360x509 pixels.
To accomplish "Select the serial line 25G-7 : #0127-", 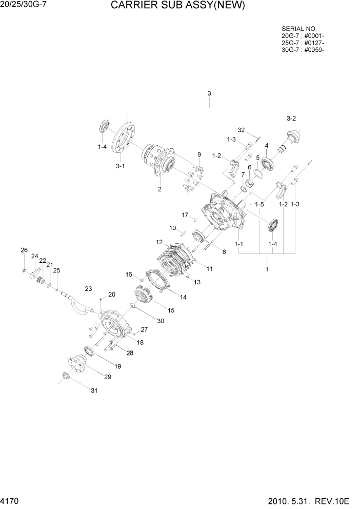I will [x=303, y=43].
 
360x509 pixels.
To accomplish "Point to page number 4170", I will [x=10, y=500].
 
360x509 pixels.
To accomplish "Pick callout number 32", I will [x=242, y=130].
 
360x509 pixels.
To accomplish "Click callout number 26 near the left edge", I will [x=24, y=250].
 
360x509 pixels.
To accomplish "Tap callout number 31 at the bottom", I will [x=94, y=391].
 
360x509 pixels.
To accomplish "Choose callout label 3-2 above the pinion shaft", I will [x=291, y=119].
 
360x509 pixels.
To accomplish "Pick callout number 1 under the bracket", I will [x=266, y=269].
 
